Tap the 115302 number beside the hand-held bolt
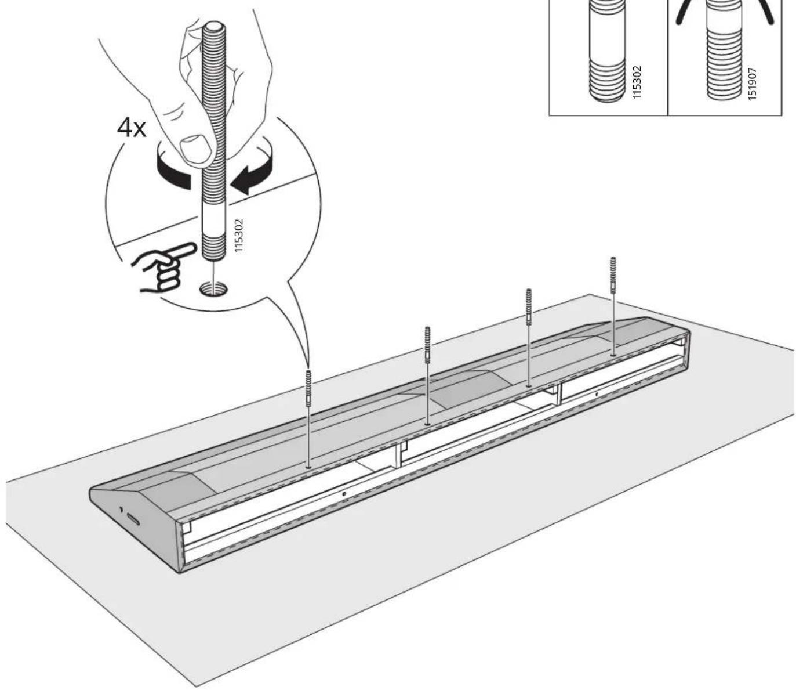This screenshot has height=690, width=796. click(x=239, y=236)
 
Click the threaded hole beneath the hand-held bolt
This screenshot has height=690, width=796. click(x=213, y=288)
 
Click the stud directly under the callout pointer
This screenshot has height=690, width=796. click(x=308, y=389)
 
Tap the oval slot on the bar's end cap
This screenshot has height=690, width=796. click(x=133, y=519)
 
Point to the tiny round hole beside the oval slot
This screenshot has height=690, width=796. click(x=121, y=510)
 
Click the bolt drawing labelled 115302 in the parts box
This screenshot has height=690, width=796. click(x=606, y=50)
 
